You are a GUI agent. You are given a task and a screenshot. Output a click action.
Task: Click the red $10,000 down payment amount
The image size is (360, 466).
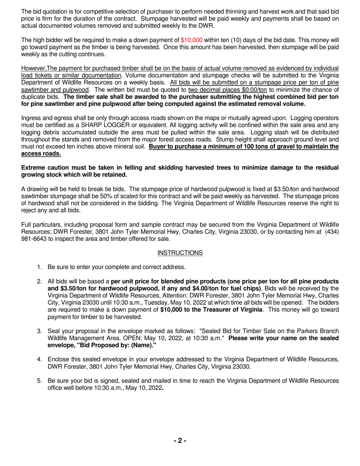coord(191,40)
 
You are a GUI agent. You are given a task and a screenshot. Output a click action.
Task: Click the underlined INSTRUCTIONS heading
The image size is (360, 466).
coord(180,253)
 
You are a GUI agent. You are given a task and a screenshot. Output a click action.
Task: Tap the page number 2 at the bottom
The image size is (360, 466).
coord(180,440)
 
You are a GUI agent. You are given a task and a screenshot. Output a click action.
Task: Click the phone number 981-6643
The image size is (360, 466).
coord(34,239)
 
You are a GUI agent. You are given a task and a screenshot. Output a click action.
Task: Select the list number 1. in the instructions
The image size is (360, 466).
coord(39,267)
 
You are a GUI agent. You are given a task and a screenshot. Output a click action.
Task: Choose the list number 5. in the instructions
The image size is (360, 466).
coord(39,380)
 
